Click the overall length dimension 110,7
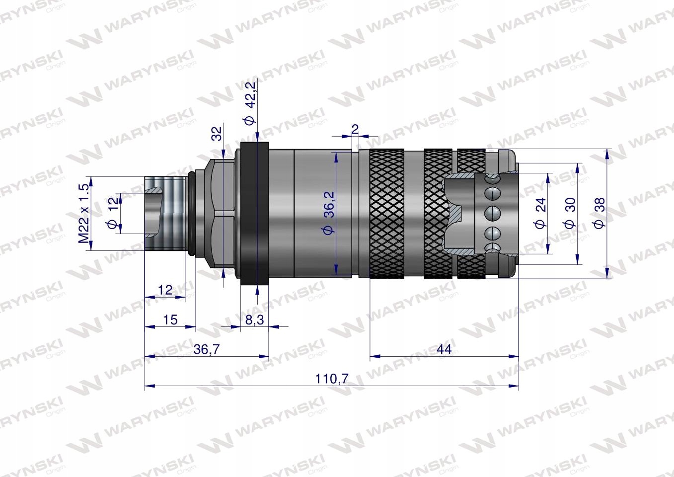[331, 379]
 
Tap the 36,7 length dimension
[206, 349]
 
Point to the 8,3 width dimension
[254, 320]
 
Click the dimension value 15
[170, 319]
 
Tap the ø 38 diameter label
[600, 213]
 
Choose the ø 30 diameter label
[570, 213]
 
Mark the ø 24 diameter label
[540, 213]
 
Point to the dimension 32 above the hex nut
[217, 134]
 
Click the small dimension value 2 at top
[355, 129]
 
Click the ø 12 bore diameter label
[113, 213]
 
